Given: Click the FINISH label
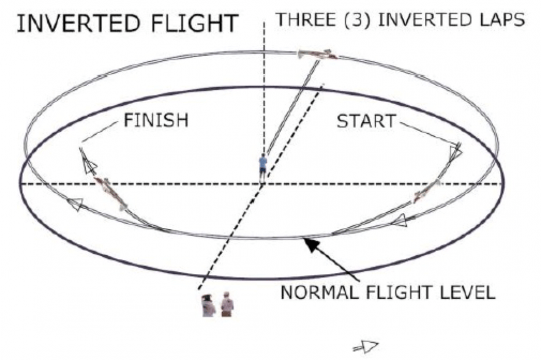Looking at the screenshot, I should pyautogui.click(x=156, y=120).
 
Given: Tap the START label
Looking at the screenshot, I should pyautogui.click(x=366, y=121).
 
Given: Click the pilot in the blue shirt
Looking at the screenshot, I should pyautogui.click(x=263, y=167).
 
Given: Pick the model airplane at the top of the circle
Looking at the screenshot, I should pyautogui.click(x=317, y=55).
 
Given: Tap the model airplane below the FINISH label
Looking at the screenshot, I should pyautogui.click(x=111, y=193).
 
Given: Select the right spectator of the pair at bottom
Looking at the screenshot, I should pyautogui.click(x=227, y=304).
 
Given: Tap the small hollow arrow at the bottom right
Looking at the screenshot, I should pyautogui.click(x=367, y=345).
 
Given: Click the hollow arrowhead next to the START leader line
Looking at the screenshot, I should pyautogui.click(x=455, y=153).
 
